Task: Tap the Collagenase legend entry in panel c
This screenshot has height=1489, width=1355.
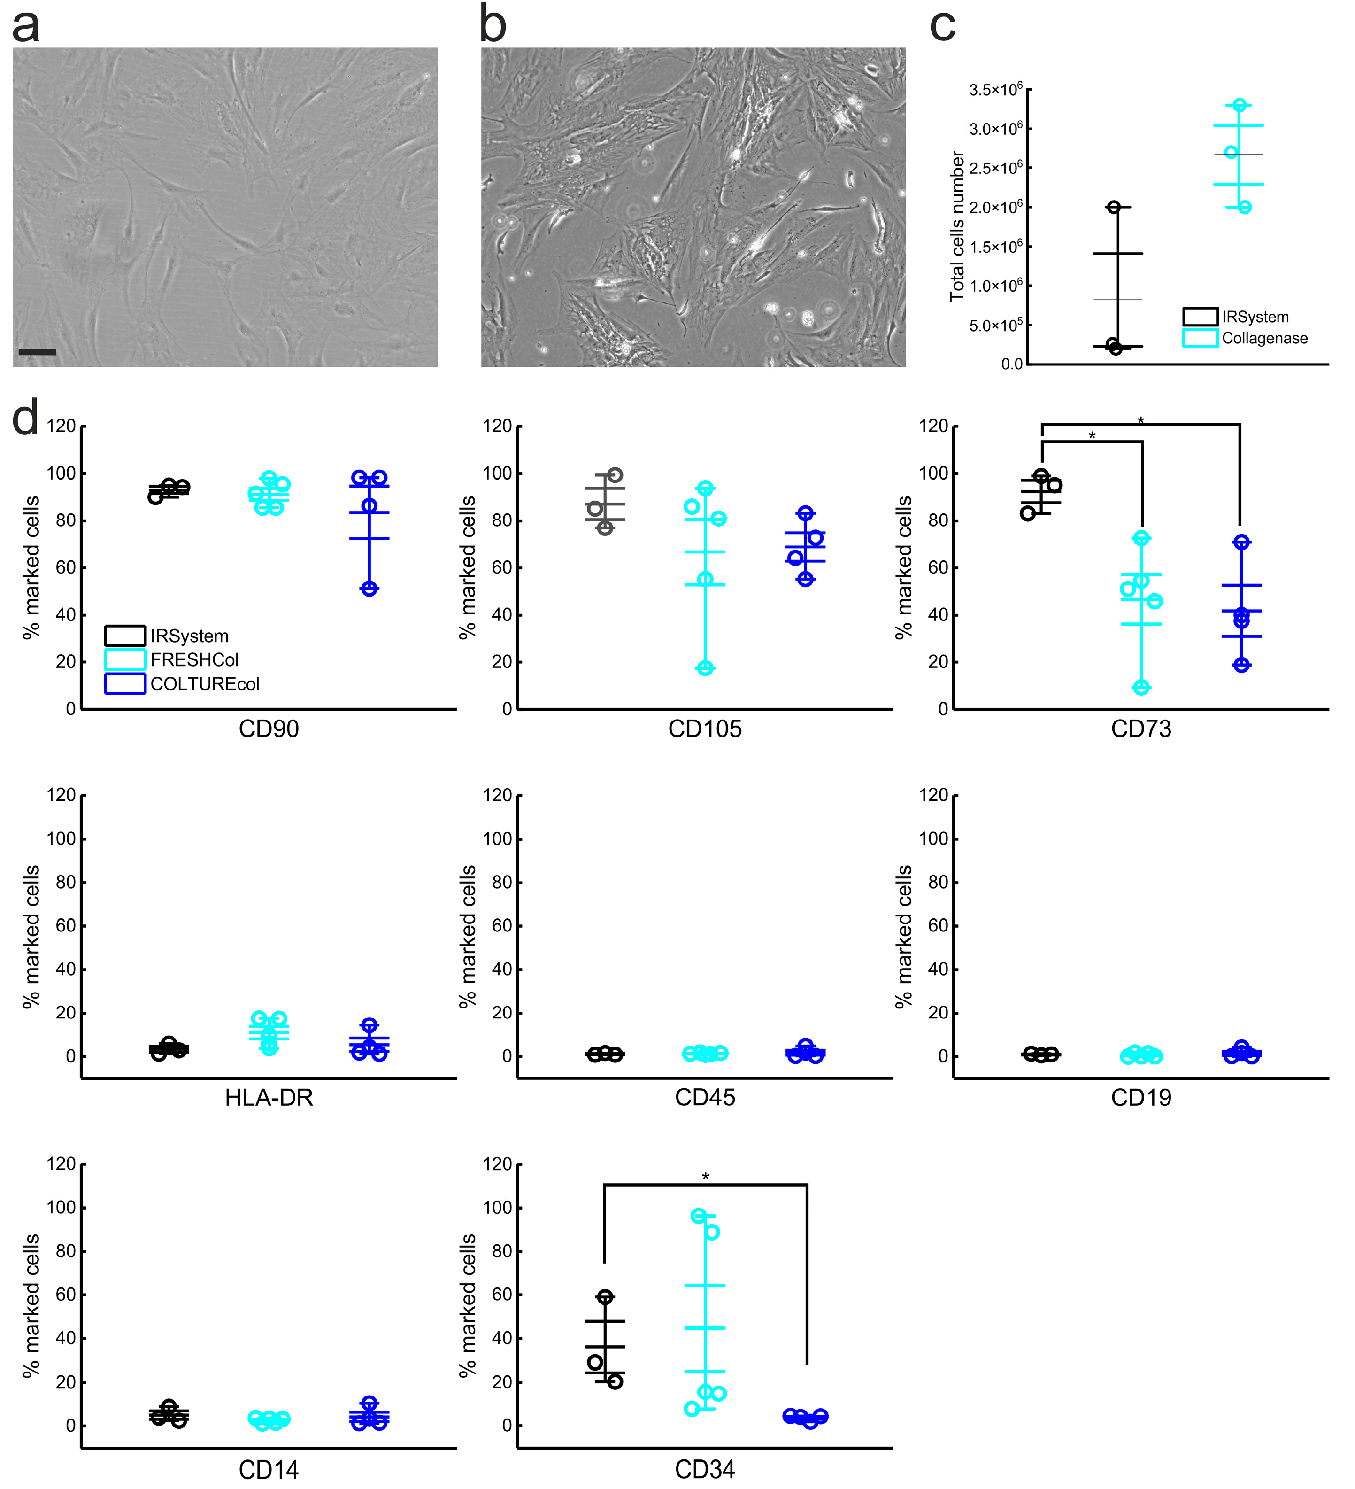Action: tap(1264, 338)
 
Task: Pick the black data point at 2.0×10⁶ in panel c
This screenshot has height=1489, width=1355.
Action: tap(1114, 207)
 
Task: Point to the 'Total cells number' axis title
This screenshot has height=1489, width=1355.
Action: tap(957, 226)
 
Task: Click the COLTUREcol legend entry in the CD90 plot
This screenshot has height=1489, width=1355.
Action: tap(205, 684)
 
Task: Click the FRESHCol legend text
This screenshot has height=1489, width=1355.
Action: tap(194, 659)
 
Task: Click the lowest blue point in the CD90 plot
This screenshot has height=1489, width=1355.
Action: tap(369, 589)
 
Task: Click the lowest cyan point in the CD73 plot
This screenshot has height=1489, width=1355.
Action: tap(1141, 688)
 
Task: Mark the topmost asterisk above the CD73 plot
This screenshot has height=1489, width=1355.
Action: tap(1141, 421)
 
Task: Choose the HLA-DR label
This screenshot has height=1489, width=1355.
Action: tap(269, 1098)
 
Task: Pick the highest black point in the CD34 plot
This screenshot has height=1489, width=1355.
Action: tap(605, 1296)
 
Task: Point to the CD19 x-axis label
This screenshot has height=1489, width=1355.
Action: tap(1141, 1098)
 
